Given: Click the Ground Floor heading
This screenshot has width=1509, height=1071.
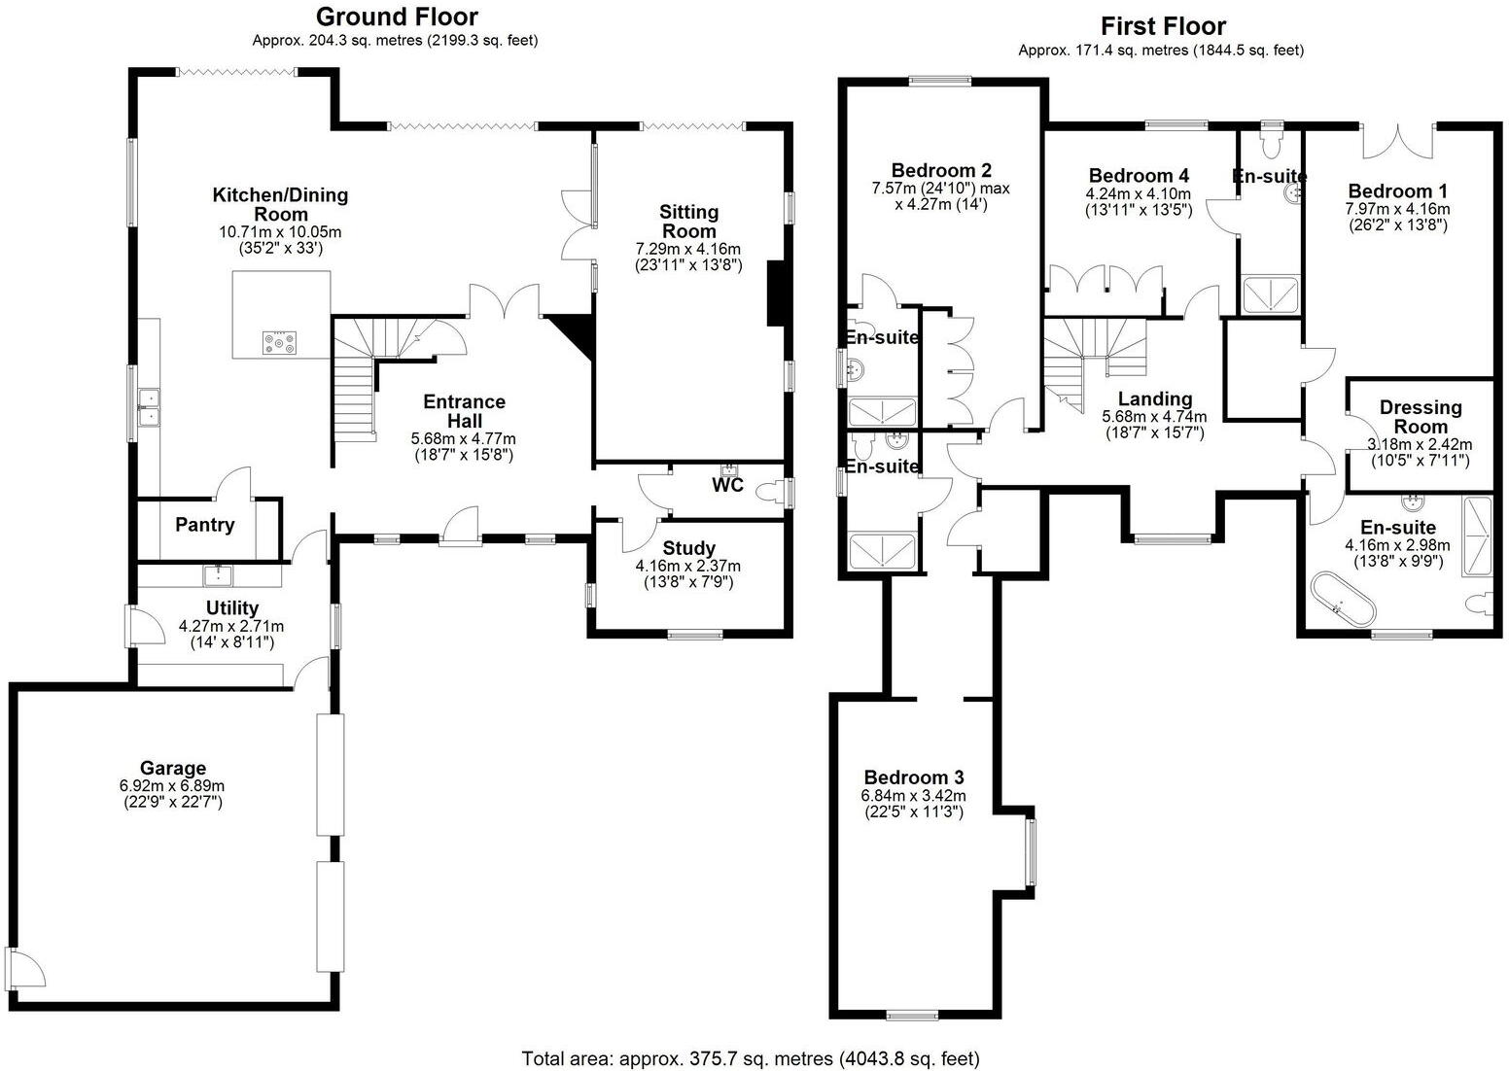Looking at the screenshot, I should (x=397, y=17).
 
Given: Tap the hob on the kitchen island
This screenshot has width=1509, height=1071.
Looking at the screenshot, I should (x=280, y=342).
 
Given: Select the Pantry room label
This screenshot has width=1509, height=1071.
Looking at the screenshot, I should (x=205, y=525).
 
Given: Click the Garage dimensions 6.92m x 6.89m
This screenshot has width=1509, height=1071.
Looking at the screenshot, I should (x=171, y=785).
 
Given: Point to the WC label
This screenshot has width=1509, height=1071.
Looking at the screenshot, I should (x=727, y=484).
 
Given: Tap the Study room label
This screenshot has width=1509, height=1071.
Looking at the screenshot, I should (x=688, y=549).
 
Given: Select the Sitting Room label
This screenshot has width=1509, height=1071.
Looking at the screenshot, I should (x=688, y=221).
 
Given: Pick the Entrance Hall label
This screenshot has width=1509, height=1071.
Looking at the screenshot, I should (x=463, y=411).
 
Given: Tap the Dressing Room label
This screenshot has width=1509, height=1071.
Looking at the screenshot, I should (x=1420, y=417).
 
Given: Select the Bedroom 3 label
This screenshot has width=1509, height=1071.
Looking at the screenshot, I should (x=913, y=777).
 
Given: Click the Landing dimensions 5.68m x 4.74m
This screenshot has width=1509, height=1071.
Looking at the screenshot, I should (x=1154, y=417).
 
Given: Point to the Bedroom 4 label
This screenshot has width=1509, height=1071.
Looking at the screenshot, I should (x=1139, y=176).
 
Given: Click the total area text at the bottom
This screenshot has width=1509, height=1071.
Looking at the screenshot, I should (x=750, y=1058).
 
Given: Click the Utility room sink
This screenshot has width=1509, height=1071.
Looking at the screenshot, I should (x=218, y=576).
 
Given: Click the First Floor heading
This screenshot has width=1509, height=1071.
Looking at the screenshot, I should (x=1163, y=26).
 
